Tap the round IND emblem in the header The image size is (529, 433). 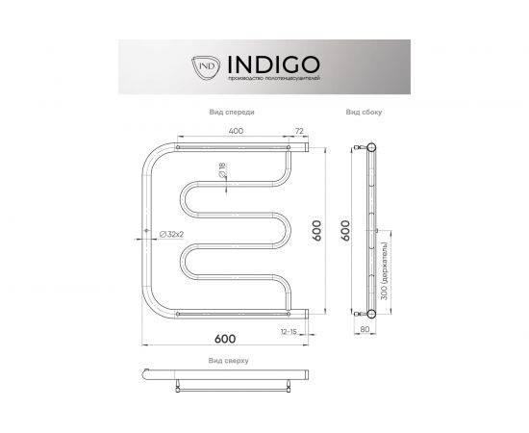207,65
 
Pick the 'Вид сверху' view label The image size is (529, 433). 228,360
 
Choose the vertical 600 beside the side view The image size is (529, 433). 345,231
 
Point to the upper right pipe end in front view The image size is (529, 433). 302,149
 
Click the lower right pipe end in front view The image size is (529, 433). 302,312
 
